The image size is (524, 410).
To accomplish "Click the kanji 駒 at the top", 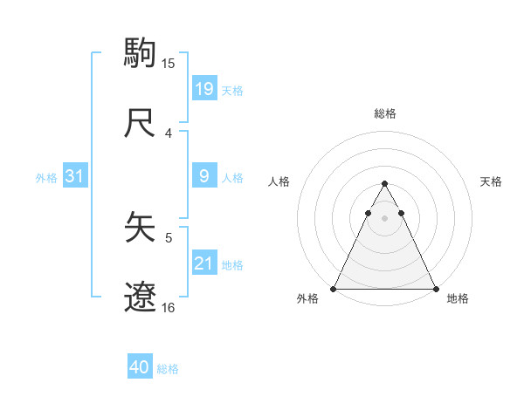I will click(141, 51).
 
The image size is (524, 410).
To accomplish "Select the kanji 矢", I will click(141, 228).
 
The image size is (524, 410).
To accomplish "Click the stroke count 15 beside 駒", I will click(169, 63).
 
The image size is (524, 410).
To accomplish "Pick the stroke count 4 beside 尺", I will click(169, 133).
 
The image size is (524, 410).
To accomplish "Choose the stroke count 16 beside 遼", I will click(169, 308).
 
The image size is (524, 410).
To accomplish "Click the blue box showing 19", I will click(203, 89).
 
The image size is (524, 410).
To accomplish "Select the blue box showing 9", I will click(203, 176).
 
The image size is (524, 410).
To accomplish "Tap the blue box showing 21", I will click(203, 264).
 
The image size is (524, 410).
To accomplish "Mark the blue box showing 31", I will click(74, 176).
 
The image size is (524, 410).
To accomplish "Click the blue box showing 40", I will click(139, 368).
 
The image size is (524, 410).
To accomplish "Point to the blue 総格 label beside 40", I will click(168, 369).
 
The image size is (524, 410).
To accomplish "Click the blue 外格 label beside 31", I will click(46, 177).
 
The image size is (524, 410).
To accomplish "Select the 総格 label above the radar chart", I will click(385, 113).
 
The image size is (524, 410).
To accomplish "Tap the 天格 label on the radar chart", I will click(492, 181).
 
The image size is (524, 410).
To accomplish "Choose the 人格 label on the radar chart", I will click(279, 181).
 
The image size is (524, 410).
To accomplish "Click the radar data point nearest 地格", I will click(435, 288).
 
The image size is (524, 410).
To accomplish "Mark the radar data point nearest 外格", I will click(334, 288).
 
